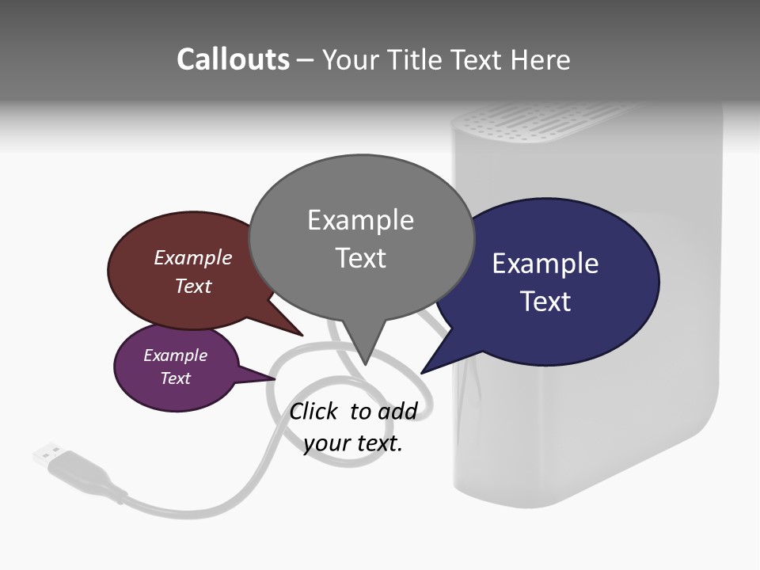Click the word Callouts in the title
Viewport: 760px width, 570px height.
pyautogui.click(x=233, y=59)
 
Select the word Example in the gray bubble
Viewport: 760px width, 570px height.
pyautogui.click(x=360, y=220)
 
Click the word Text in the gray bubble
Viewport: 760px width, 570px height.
pyautogui.click(x=360, y=258)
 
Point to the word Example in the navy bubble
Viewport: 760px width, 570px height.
pyautogui.click(x=545, y=264)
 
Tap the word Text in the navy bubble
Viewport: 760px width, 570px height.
pyautogui.click(x=545, y=302)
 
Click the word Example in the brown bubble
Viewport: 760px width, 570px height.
pyautogui.click(x=192, y=257)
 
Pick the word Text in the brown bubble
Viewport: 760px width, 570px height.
pyautogui.click(x=192, y=286)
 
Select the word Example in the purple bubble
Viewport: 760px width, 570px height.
pyautogui.click(x=175, y=355)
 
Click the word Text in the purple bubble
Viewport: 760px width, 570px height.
pyautogui.click(x=175, y=378)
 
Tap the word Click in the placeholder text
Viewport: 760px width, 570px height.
pyautogui.click(x=313, y=411)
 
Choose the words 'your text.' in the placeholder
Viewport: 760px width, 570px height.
pyautogui.click(x=352, y=443)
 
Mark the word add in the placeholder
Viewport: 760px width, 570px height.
pyautogui.click(x=397, y=411)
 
